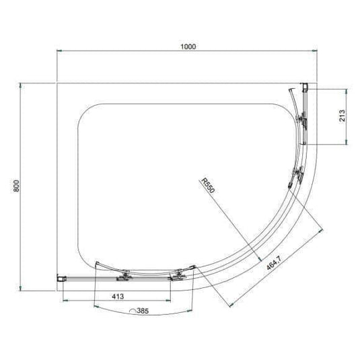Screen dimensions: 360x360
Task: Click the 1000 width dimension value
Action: click(188, 46)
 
